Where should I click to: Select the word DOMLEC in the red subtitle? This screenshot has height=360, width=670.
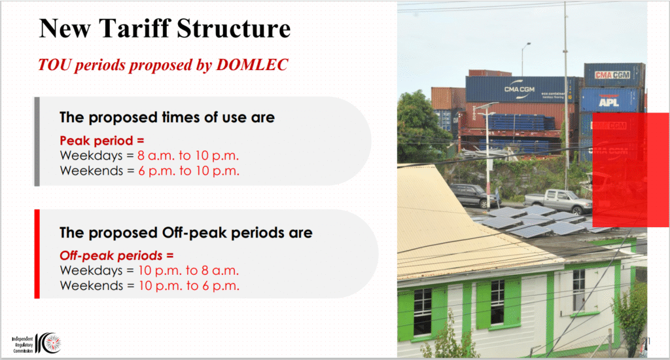click(252, 65)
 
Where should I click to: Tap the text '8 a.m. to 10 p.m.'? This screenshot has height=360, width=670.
click(188, 155)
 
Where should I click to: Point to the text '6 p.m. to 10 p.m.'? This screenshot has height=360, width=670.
click(188, 171)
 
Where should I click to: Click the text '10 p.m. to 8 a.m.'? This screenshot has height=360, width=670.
click(188, 270)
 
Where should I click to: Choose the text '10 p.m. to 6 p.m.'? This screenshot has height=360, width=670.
click(189, 285)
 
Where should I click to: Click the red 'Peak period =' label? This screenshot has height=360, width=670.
click(101, 141)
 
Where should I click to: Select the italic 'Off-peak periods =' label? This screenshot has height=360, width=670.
click(116, 256)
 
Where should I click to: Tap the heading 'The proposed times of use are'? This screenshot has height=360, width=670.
click(167, 117)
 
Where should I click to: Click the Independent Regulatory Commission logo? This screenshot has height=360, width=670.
click(37, 344)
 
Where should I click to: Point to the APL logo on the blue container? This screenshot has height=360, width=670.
click(609, 101)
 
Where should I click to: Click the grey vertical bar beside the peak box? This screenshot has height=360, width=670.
click(37, 141)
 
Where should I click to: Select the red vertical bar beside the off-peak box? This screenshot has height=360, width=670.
click(37, 254)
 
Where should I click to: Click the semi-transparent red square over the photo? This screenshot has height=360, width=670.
click(631, 170)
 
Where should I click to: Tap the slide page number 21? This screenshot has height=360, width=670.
click(646, 341)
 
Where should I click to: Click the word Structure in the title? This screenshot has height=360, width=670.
click(234, 29)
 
